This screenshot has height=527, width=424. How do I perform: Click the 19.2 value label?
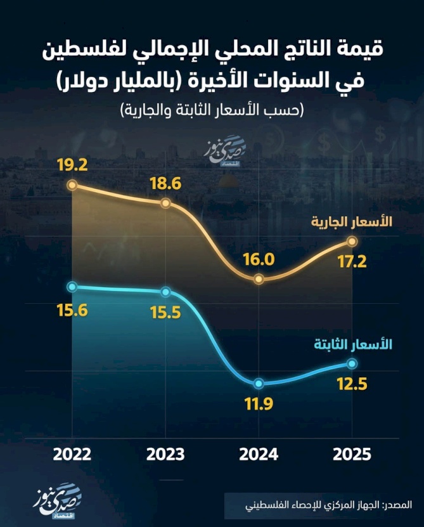(x=72, y=166)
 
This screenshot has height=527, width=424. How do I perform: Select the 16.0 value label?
(x=259, y=259)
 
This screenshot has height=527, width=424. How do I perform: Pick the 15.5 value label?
(x=166, y=313)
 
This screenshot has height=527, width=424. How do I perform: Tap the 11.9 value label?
(x=259, y=404)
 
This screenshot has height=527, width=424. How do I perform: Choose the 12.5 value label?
(x=352, y=384)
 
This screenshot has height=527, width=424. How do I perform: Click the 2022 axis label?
(x=72, y=455)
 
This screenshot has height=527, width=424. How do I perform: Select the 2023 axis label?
(x=166, y=455)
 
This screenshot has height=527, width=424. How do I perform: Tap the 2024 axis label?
(x=259, y=455)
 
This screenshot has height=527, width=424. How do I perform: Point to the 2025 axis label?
(x=352, y=455)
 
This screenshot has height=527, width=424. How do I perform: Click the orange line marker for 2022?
(x=72, y=185)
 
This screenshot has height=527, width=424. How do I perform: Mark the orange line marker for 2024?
(x=259, y=279)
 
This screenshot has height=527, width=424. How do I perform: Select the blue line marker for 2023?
(x=166, y=292)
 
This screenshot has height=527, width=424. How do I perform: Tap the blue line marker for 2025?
(x=352, y=363)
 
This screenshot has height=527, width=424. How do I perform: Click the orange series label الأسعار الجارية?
(x=352, y=223)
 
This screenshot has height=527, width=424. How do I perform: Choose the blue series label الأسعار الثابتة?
(x=353, y=345)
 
